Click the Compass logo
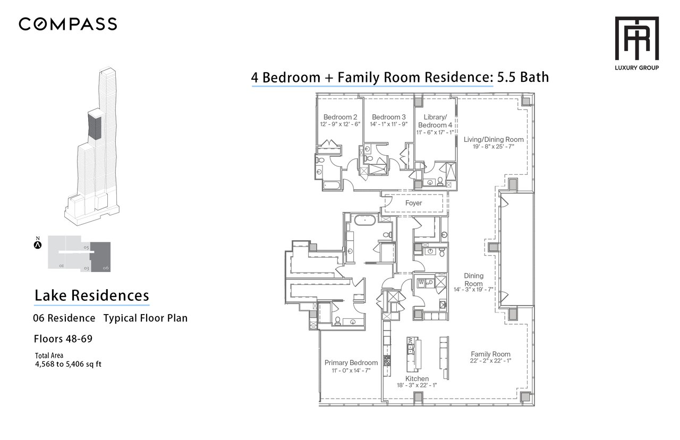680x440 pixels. (67, 24)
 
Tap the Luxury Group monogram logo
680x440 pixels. (636, 38)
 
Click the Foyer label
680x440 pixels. (413, 203)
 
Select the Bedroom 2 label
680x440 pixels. (340, 117)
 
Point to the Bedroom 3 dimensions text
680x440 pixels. (388, 124)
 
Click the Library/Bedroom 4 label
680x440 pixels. (435, 121)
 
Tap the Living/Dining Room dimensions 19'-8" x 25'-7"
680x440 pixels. (494, 147)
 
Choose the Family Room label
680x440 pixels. (490, 354)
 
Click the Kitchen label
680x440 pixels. (417, 379)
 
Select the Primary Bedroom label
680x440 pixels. (351, 363)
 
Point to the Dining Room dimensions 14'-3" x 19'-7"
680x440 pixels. (473, 290)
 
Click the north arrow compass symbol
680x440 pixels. (38, 244)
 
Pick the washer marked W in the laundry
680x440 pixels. (421, 283)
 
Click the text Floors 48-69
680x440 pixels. (63, 339)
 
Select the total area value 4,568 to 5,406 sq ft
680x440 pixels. (69, 364)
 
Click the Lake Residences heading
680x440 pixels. (92, 295)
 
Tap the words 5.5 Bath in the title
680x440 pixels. (523, 78)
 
